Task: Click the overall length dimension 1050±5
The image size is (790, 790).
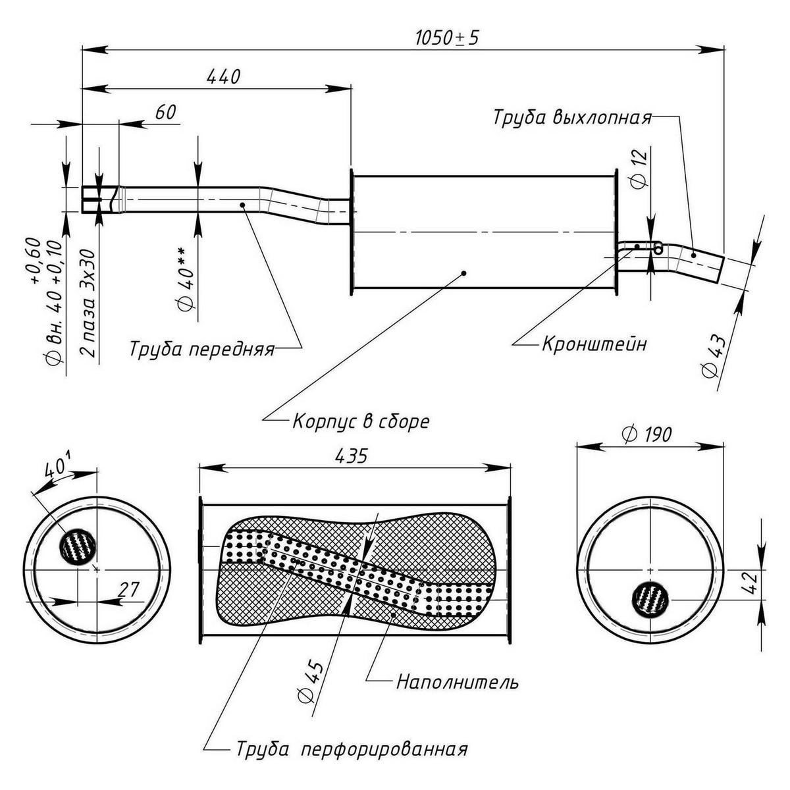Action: pyautogui.click(x=446, y=38)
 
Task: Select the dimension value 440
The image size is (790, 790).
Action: pyautogui.click(x=223, y=76)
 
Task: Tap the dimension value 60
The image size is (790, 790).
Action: pyautogui.click(x=166, y=113)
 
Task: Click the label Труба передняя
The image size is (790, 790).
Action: pyautogui.click(x=201, y=348)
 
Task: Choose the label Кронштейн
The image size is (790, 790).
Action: pyautogui.click(x=594, y=344)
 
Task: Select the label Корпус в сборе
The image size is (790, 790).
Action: pyautogui.click(x=361, y=421)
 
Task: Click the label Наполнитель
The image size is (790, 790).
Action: pyautogui.click(x=457, y=682)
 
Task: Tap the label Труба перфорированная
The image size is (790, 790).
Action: pyautogui.click(x=350, y=750)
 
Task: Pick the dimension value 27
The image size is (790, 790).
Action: pyautogui.click(x=129, y=589)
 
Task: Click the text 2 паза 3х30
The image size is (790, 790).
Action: pyautogui.click(x=88, y=303)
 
